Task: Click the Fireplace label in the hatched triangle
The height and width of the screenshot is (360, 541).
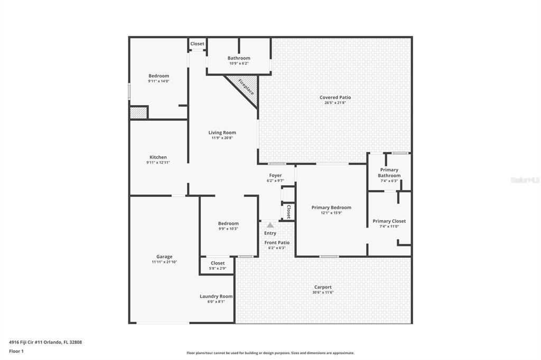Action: coord(246,87)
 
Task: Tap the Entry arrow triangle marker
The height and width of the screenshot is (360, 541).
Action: coord(270,225)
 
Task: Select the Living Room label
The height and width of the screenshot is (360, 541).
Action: coord(222,132)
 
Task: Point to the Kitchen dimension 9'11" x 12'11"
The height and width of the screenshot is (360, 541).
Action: coord(158,163)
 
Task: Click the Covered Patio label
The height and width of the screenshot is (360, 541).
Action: coord(335,97)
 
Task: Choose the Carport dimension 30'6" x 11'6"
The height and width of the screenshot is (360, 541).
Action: coord(323,292)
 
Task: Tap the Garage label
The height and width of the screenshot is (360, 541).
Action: coord(164,257)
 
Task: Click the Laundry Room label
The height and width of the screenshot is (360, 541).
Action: coord(216,296)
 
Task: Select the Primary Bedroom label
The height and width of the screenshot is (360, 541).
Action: coord(331,207)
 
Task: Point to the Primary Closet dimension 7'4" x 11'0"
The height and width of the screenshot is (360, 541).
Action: coord(389,226)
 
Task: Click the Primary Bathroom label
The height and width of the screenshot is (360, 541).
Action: coord(389,173)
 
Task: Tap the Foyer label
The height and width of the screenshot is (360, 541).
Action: coord(275,176)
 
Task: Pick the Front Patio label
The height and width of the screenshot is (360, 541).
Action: coord(277,243)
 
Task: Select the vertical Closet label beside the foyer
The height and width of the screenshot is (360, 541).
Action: coord(289,211)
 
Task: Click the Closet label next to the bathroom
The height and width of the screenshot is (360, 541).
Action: coord(198,44)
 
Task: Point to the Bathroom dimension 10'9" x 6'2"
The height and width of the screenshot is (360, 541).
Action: coord(239,63)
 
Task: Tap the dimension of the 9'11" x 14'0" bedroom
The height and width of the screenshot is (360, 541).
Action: coord(158,81)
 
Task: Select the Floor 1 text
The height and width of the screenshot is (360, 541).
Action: coord(16,352)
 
